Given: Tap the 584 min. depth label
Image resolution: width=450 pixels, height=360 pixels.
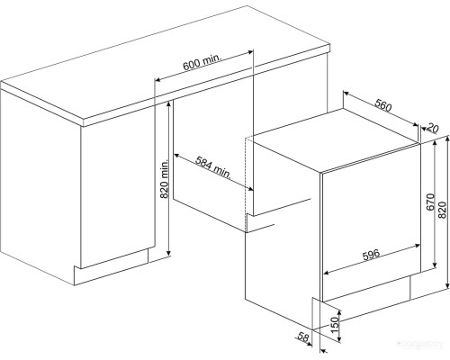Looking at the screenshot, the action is coord(213,167).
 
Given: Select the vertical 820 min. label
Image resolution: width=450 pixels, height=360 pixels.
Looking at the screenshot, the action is coord(165,179).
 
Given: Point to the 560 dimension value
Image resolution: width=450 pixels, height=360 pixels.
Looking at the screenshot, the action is coord(383,105).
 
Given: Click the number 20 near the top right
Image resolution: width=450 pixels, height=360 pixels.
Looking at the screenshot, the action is coord(432,128).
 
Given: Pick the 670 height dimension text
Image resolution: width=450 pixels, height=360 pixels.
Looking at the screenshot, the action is coord(430,202).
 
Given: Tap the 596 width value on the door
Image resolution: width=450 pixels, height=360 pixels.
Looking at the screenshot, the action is coord(372,255).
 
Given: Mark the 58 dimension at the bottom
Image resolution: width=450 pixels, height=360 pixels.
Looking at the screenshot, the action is coord(303,337).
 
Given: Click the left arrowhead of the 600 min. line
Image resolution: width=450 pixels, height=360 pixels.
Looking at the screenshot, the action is coord(157,80).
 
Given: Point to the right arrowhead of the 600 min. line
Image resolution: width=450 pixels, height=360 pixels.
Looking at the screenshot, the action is coord(251,52).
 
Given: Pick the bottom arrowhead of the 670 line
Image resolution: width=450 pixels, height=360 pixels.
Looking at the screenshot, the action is coord(435,265).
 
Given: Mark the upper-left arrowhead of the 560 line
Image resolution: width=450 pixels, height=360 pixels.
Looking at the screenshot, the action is coord(346,94).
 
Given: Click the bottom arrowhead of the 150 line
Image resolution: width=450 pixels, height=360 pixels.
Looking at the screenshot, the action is coord(339,339).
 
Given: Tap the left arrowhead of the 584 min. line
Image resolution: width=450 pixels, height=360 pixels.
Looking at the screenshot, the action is coord(176,156).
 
